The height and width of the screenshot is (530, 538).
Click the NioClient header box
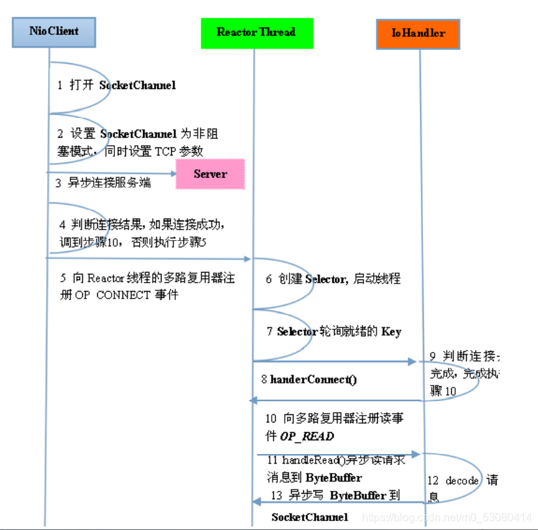click(54, 31)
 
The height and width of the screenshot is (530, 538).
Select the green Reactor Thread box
click(256, 32)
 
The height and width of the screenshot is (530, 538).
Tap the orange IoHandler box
click(418, 33)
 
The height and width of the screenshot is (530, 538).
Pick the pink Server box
click(210, 174)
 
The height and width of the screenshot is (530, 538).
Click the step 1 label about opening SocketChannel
click(116, 86)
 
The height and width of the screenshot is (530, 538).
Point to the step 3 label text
click(103, 183)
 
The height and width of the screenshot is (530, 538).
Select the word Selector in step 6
click(326, 279)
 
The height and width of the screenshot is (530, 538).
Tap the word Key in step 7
click(391, 331)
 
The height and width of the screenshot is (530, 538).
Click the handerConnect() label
click(313, 379)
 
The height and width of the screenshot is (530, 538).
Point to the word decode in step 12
click(462, 481)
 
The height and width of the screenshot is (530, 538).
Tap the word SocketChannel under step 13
click(309, 517)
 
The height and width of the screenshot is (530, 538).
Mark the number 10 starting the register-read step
click(271, 418)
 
